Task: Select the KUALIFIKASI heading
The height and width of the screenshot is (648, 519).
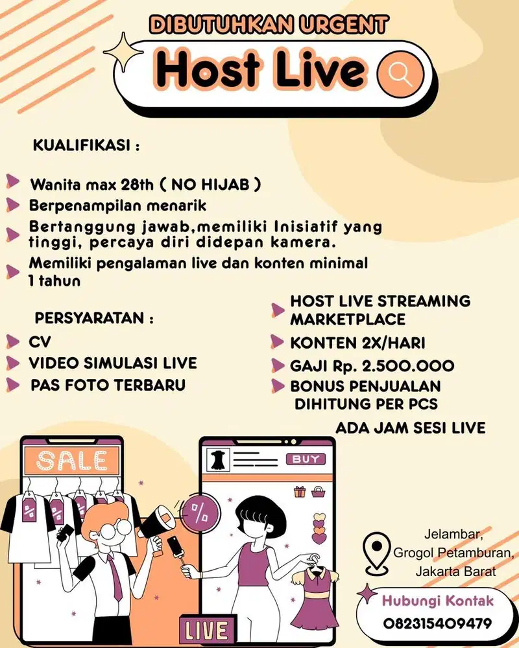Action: click(x=86, y=146)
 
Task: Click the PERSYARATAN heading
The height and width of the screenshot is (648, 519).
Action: click(x=94, y=319)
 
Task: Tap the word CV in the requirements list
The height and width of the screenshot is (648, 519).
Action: click(x=40, y=341)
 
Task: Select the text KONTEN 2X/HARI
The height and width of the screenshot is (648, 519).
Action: click(x=357, y=342)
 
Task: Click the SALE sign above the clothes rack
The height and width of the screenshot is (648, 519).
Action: click(x=71, y=459)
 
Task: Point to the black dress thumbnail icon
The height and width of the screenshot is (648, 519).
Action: click(x=217, y=459)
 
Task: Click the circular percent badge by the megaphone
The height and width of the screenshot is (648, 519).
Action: click(x=200, y=516)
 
